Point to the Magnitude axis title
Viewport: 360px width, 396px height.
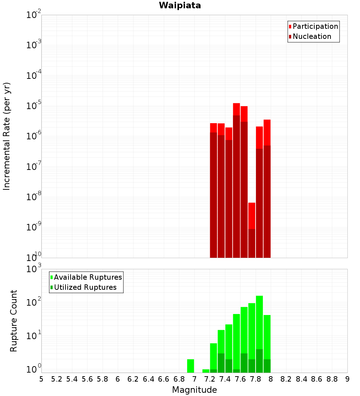(x=194, y=390)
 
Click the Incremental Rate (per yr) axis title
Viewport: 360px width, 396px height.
(x=7, y=136)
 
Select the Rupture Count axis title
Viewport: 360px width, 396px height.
(x=14, y=321)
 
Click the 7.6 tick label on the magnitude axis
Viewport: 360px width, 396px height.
(x=240, y=379)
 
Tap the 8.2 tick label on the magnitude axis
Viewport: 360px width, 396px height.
(x=286, y=379)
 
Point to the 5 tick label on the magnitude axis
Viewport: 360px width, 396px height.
(x=41, y=379)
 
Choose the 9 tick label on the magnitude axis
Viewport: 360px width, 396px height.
(x=347, y=379)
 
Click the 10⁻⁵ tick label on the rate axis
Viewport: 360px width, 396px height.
(x=34, y=106)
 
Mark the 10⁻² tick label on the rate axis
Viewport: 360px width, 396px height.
(x=34, y=15)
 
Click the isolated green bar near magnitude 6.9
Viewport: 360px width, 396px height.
(x=190, y=366)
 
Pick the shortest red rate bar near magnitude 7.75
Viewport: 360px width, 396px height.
(x=252, y=230)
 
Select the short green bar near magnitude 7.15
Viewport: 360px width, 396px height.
(x=206, y=371)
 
